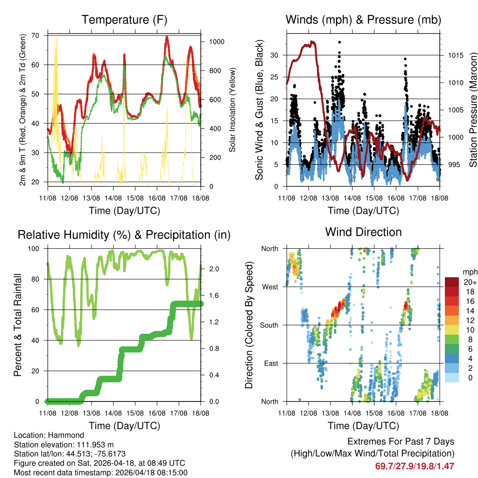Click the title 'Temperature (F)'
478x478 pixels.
click(x=124, y=20)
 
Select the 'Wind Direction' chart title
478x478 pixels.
click(x=363, y=232)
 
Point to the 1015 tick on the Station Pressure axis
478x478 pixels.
click(x=454, y=56)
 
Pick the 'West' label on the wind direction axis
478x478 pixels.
click(x=270, y=287)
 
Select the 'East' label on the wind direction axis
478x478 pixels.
click(x=271, y=363)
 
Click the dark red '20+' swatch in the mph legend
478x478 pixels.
click(x=451, y=282)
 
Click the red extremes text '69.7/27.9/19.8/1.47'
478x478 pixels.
click(x=415, y=466)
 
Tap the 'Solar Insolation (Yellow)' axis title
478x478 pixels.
click(x=232, y=110)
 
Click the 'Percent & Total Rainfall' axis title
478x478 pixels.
click(x=17, y=325)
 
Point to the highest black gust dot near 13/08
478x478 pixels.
click(x=339, y=42)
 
